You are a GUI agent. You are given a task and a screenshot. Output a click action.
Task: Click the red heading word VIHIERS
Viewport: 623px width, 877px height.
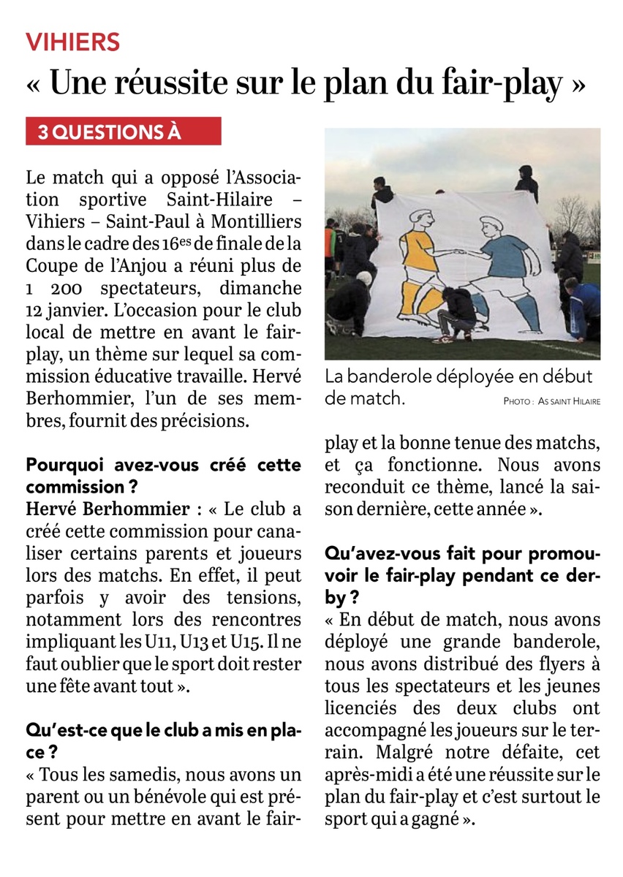point(73,42)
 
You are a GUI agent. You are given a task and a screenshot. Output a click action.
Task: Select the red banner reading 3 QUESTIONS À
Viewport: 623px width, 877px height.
point(124,132)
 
